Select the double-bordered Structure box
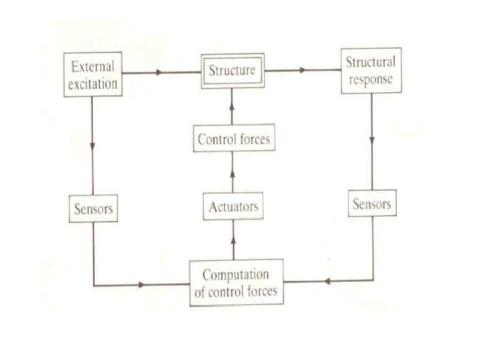click(x=232, y=71)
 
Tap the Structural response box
click(x=371, y=71)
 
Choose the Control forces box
click(x=233, y=140)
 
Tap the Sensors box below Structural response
click(x=371, y=203)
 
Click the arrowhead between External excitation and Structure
click(x=159, y=71)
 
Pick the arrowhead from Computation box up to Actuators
click(x=233, y=238)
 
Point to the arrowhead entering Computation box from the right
click(x=327, y=281)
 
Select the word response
click(x=371, y=79)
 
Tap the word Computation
click(x=236, y=275)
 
